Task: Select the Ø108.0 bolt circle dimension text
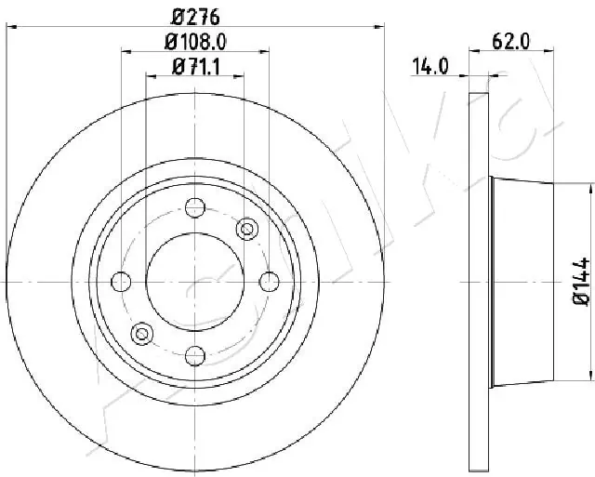coord(196,42)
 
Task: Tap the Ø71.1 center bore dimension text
coord(196,66)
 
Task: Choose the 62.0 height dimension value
coord(511,42)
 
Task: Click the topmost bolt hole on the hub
coord(195,207)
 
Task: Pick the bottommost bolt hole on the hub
coord(195,354)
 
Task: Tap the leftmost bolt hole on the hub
coord(121,281)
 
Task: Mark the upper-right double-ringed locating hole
coord(247,228)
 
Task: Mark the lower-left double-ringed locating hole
coord(142,333)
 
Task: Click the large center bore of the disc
coord(195,281)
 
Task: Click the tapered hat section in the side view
coord(521,281)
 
